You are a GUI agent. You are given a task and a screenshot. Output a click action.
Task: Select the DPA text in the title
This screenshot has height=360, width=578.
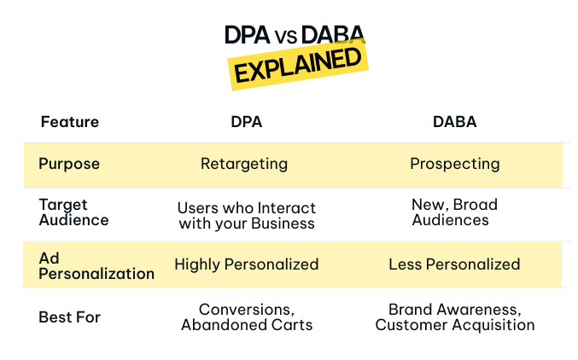tap(247, 35)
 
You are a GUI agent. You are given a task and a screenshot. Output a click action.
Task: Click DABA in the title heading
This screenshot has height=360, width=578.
tap(331, 35)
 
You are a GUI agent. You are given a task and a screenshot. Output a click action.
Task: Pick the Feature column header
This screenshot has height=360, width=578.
tap(69, 122)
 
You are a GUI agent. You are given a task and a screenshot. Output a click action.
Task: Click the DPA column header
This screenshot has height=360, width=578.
tap(246, 122)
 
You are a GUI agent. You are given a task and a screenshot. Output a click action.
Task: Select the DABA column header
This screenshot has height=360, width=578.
tap(454, 122)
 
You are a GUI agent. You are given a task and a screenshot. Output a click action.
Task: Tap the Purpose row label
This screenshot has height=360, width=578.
tap(69, 164)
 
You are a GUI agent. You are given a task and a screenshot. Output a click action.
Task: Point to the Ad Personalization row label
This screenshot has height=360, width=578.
tap(96, 265)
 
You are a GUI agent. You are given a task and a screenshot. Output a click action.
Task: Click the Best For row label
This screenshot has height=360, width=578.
tap(69, 317)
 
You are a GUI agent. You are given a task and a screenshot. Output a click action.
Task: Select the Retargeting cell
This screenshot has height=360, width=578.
tap(244, 164)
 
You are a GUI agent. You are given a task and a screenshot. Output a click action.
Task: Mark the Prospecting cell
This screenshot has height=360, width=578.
tap(454, 164)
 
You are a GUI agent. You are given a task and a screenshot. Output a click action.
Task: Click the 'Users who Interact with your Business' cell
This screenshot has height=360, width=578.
tap(246, 216)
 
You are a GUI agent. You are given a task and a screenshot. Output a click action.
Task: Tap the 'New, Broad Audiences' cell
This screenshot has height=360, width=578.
tap(454, 212)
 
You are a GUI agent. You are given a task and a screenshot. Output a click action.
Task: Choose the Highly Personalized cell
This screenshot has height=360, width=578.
tap(246, 264)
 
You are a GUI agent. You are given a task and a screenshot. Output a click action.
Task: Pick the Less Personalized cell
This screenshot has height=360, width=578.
tap(454, 264)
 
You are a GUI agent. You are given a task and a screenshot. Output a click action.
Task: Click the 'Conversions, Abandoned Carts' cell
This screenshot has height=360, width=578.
tap(246, 316)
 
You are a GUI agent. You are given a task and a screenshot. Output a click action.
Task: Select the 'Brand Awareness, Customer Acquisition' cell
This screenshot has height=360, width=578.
tap(454, 316)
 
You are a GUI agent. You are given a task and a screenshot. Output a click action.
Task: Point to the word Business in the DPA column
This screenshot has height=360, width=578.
tap(288, 224)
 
